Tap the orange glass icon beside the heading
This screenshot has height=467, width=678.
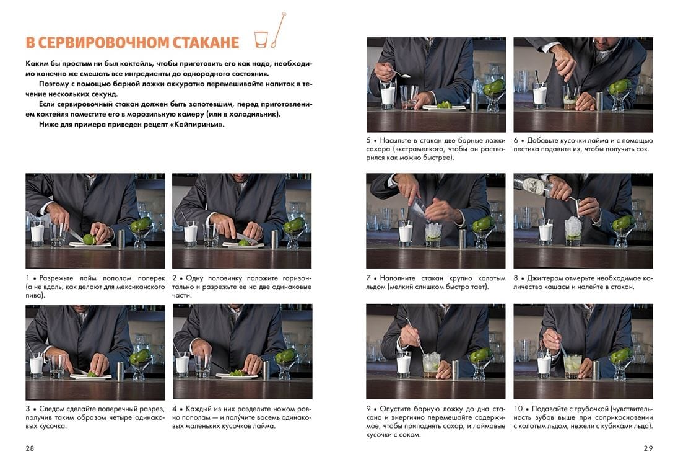pos(261,40)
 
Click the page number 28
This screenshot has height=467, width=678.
pos(29,448)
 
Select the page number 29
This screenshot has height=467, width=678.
pos(648,448)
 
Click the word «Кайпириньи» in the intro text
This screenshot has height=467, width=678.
pos(202,125)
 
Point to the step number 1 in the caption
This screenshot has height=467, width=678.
pos(28,278)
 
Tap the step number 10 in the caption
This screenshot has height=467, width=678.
pos(518,409)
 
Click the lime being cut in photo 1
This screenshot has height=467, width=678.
pos(90,239)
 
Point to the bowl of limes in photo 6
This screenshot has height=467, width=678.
pos(620,95)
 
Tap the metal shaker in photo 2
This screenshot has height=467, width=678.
pos(274,239)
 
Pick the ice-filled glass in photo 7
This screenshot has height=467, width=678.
pos(433,236)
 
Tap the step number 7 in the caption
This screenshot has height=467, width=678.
pos(368,278)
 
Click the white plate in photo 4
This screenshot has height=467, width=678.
pos(237,375)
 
